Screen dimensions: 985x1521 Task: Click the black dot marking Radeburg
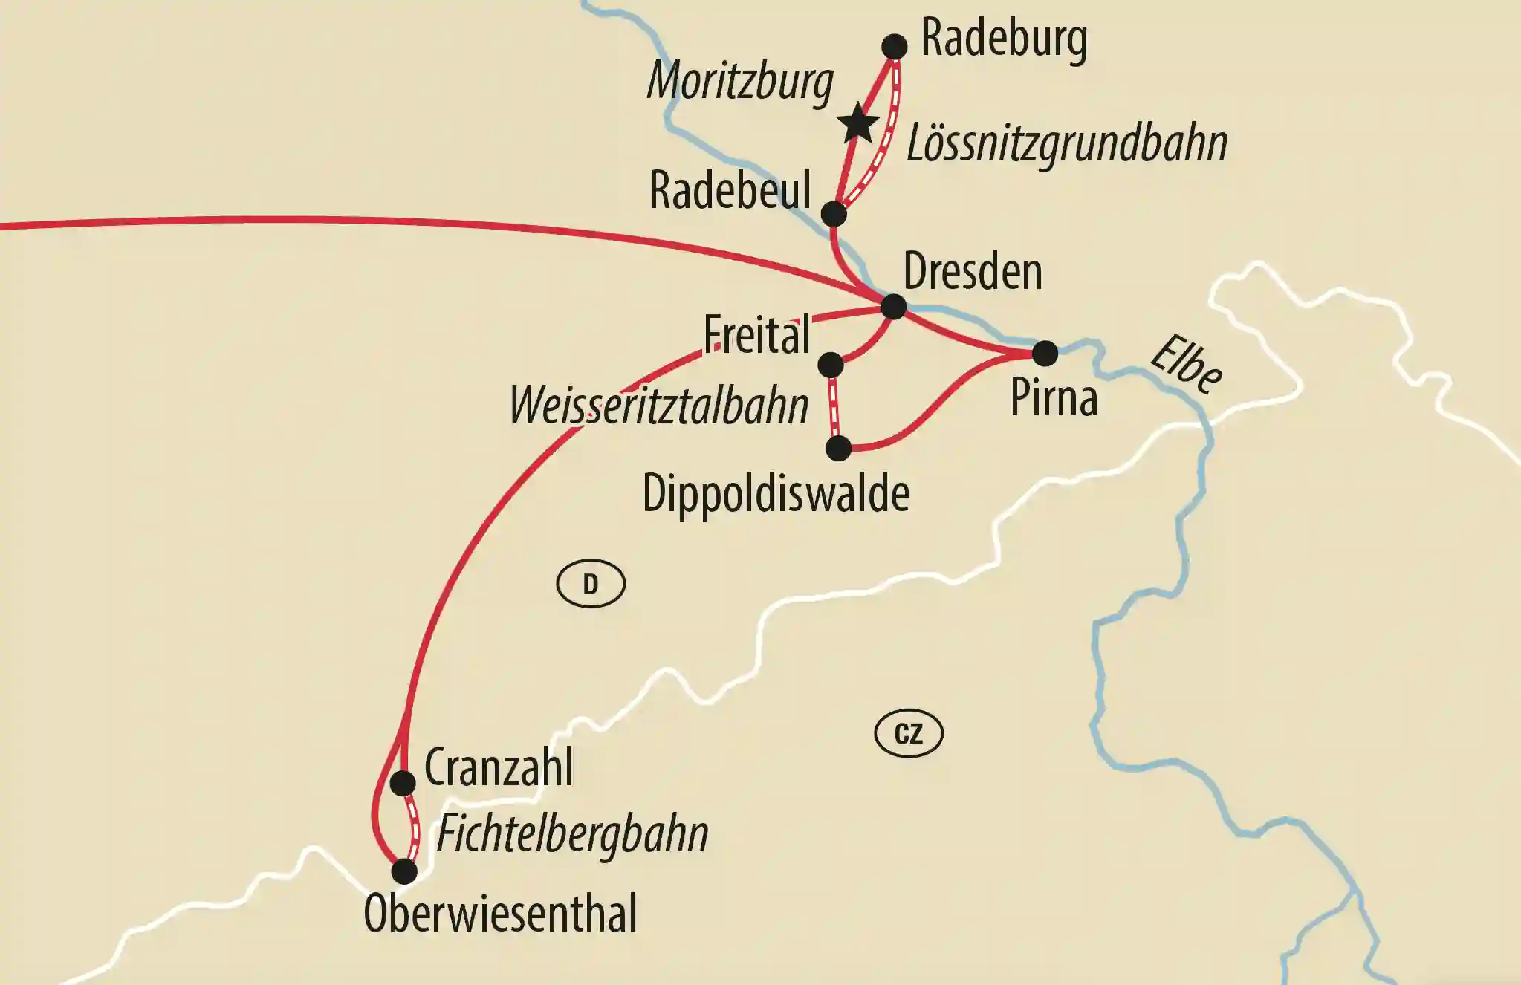pyautogui.click(x=895, y=46)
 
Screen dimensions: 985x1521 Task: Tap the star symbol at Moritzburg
pyautogui.click(x=858, y=124)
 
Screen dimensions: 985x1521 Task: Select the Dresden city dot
pyautogui.click(x=893, y=306)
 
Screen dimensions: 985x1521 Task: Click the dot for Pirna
pyautogui.click(x=1045, y=354)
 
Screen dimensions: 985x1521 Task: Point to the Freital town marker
pyautogui.click(x=830, y=365)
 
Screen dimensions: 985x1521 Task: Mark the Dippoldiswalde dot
pyautogui.click(x=838, y=448)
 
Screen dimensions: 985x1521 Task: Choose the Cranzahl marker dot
pyautogui.click(x=403, y=783)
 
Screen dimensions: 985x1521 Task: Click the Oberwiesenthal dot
pyautogui.click(x=404, y=871)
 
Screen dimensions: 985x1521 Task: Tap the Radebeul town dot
pyautogui.click(x=834, y=214)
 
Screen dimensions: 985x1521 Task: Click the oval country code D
pyautogui.click(x=591, y=585)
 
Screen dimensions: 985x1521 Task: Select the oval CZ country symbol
pyautogui.click(x=908, y=734)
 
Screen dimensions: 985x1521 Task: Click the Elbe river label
pyautogui.click(x=1185, y=365)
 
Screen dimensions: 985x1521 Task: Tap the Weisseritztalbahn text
pyautogui.click(x=658, y=407)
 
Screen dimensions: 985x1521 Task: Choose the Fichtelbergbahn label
pyautogui.click(x=572, y=834)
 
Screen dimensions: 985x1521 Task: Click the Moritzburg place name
pyautogui.click(x=740, y=82)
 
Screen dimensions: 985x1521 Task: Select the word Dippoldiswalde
pyautogui.click(x=775, y=493)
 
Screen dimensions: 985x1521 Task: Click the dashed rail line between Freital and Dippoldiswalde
pyautogui.click(x=834, y=407)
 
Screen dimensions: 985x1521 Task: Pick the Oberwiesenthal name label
pyautogui.click(x=500, y=914)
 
